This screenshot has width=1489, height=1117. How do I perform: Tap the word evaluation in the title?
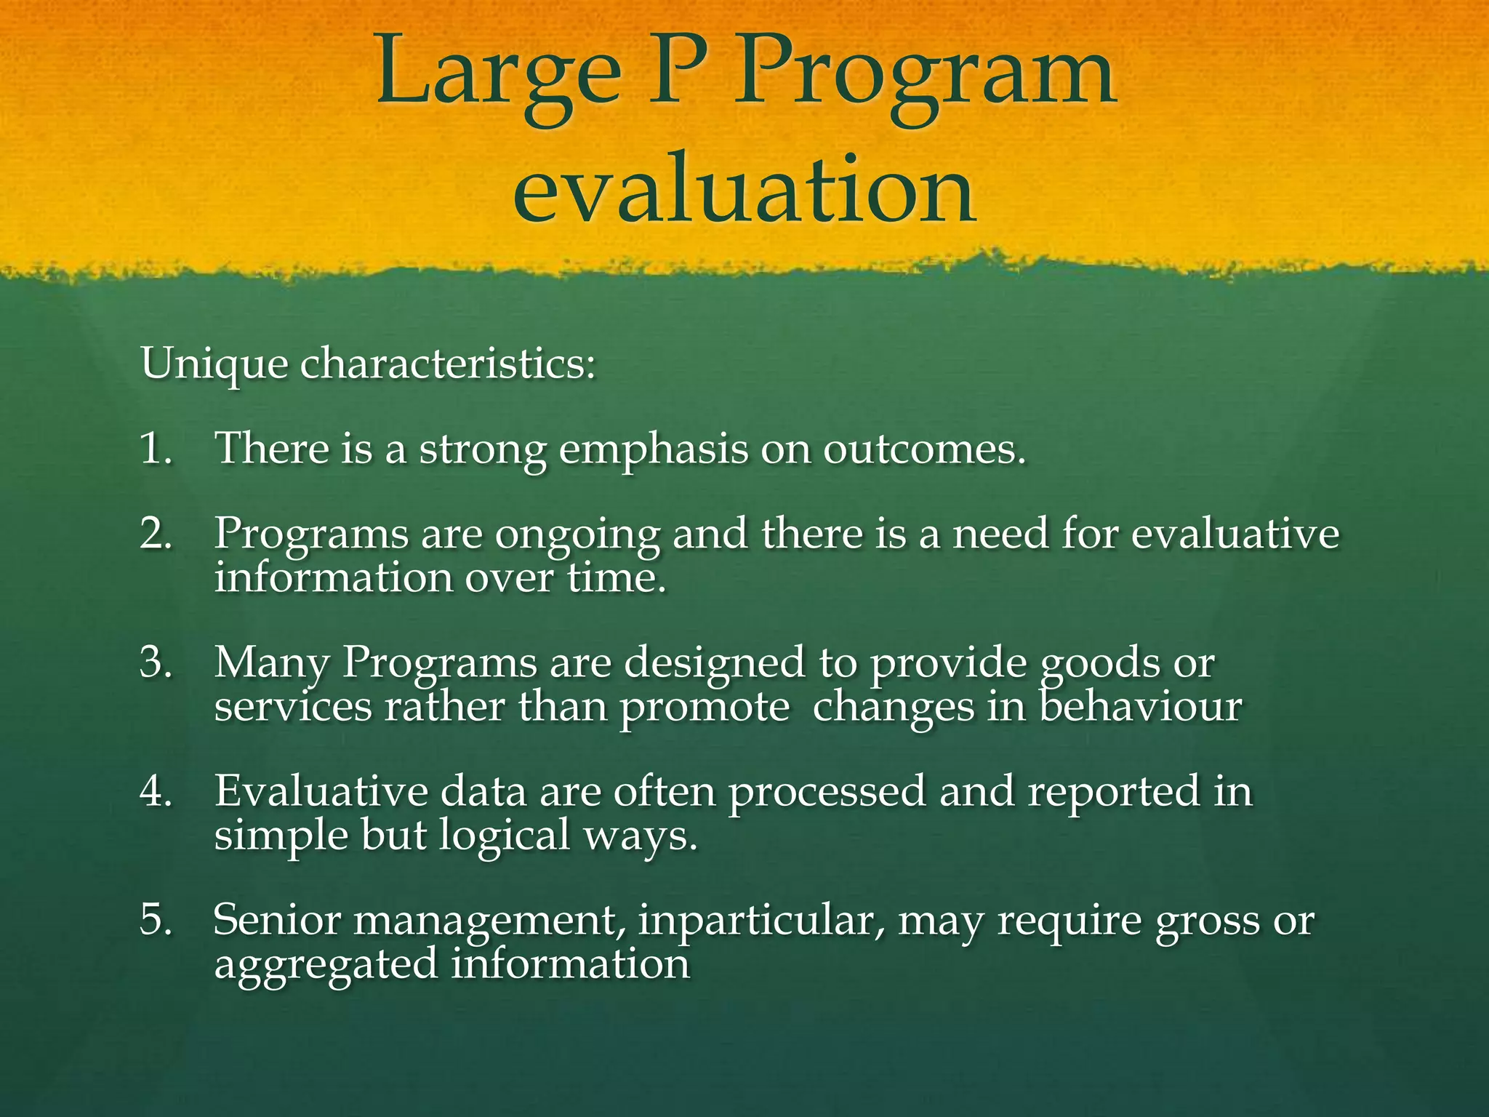pos(744,191)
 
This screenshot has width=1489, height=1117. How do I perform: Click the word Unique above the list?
pos(214,364)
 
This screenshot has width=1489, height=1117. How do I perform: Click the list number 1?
pos(156,448)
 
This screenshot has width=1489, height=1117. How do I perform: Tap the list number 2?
pos(156,534)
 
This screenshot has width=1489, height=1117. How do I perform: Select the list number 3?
pos(156,662)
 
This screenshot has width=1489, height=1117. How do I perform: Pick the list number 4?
pos(156,791)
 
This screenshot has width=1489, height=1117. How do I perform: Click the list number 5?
pos(156,920)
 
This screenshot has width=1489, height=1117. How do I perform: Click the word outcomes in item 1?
pos(923,449)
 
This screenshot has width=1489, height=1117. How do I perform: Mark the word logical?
pos(505,836)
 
